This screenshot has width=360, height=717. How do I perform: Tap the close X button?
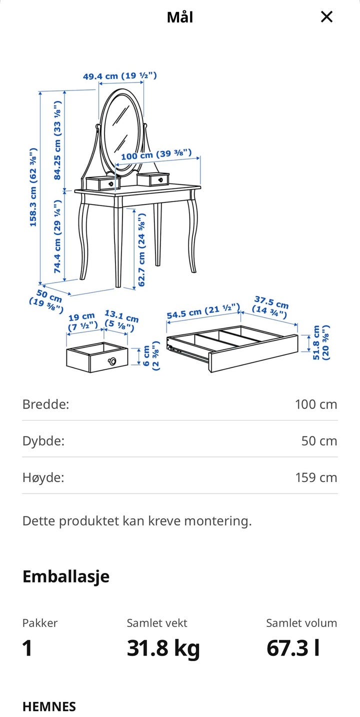(x=326, y=16)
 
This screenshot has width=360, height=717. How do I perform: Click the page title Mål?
(x=180, y=17)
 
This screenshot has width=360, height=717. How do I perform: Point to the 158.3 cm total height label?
(x=33, y=187)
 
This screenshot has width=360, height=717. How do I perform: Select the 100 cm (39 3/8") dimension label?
(x=156, y=154)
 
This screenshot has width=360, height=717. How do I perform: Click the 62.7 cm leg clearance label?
(x=141, y=249)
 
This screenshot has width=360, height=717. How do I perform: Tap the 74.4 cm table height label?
(x=57, y=236)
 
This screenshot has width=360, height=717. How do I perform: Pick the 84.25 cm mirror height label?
(x=57, y=140)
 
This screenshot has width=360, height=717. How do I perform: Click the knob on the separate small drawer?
(x=112, y=361)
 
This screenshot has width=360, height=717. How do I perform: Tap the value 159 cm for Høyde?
(x=316, y=477)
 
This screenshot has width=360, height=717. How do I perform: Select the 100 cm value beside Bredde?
(x=316, y=404)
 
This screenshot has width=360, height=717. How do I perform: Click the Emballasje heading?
(x=66, y=577)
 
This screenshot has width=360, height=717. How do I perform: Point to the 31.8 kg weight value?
(x=163, y=648)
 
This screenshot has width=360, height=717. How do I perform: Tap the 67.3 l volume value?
(x=293, y=648)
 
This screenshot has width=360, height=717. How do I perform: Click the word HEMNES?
(x=49, y=706)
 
